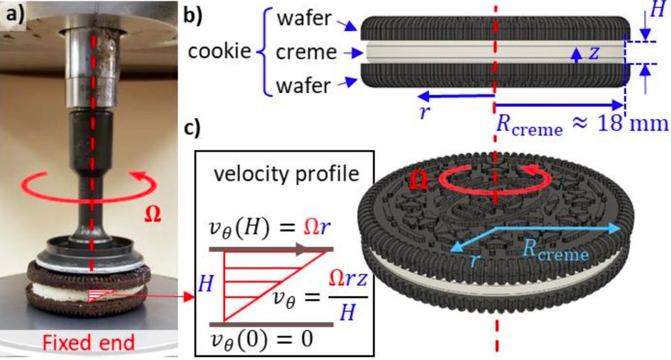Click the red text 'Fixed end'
88,343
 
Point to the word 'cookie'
219,51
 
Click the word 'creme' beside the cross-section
306,53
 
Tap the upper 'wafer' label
304,18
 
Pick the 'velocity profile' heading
286,174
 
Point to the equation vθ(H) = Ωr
270,229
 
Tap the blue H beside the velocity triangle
206,283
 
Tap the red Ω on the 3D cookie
419,181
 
